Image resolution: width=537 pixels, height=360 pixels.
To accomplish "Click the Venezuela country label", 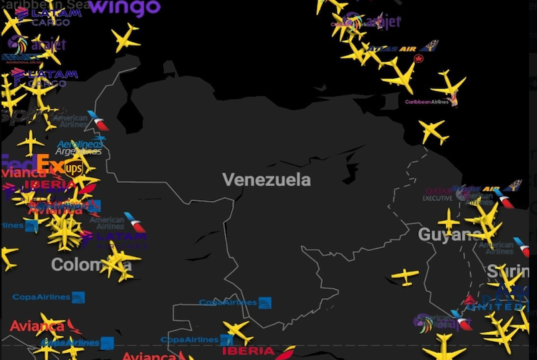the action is click(x=266, y=179).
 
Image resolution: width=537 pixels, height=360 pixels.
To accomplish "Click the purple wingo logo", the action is click(x=125, y=7).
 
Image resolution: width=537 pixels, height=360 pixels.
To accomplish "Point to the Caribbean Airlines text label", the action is click(x=427, y=102).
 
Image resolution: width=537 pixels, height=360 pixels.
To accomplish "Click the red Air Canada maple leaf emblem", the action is click(x=420, y=59).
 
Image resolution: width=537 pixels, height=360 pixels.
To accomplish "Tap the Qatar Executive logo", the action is click(x=440, y=194).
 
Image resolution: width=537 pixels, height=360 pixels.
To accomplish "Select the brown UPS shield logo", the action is click(x=73, y=168).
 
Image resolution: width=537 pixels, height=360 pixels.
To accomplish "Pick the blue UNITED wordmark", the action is click(x=494, y=306).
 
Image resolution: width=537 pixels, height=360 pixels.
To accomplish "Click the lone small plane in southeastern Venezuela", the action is click(x=405, y=275).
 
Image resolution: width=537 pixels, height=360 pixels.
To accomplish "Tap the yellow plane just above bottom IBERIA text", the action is click(x=238, y=331).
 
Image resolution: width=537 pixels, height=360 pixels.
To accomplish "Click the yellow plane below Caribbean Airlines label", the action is click(x=434, y=131).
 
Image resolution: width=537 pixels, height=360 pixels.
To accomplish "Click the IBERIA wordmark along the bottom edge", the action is click(x=248, y=351).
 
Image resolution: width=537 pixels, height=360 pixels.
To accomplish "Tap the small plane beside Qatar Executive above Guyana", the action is click(x=448, y=221).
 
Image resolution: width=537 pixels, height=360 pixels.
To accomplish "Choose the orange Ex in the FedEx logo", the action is click(x=50, y=164).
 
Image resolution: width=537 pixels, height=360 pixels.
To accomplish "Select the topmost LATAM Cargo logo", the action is click(x=47, y=13).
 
